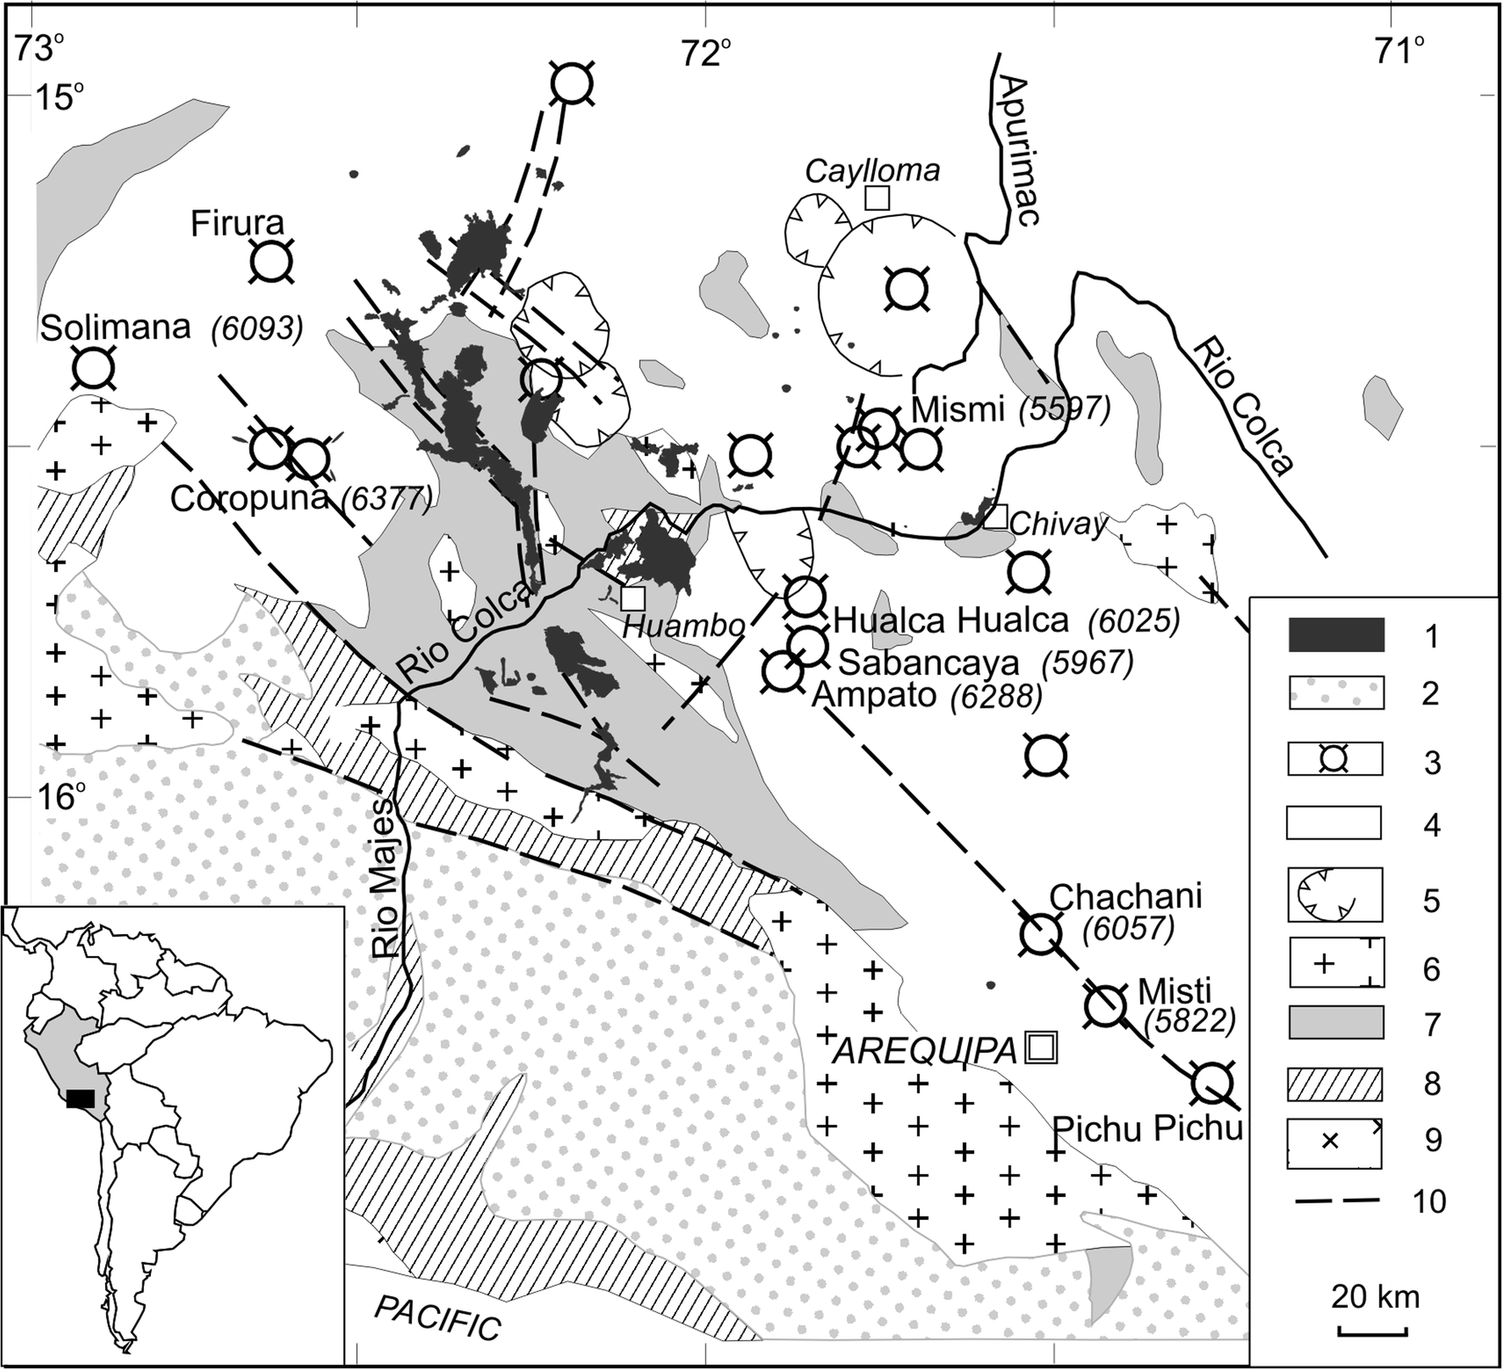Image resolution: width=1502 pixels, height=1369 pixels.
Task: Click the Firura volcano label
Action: click(x=236, y=224)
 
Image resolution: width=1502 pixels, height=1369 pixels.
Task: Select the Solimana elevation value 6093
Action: click(x=257, y=329)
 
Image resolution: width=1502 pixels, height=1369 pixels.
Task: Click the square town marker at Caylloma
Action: click(x=876, y=198)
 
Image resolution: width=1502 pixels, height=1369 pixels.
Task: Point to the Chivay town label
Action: click(x=1057, y=526)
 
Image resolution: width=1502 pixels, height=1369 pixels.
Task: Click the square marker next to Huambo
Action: click(x=632, y=598)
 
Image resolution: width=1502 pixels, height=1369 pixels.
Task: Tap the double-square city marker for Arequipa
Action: click(x=1041, y=1048)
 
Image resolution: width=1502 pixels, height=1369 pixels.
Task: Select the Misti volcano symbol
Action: click(x=1105, y=1007)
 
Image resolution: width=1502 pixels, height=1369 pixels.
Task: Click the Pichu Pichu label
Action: click(x=1147, y=1128)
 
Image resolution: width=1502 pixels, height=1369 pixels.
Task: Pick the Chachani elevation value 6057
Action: click(x=1128, y=930)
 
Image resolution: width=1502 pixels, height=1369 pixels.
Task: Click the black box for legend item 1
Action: click(x=1336, y=634)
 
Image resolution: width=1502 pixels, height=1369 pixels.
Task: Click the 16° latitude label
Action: click(x=61, y=797)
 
